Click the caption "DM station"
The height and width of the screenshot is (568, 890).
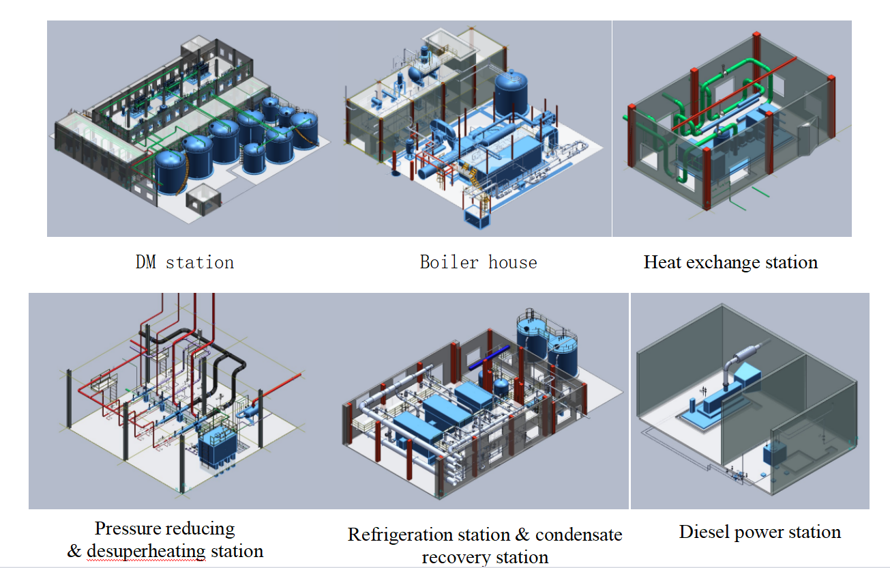[184, 262]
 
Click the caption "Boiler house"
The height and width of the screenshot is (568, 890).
[478, 262]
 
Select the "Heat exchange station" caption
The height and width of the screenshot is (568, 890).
[730, 262]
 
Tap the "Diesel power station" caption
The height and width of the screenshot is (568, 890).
[760, 532]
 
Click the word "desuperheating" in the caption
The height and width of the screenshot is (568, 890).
[145, 551]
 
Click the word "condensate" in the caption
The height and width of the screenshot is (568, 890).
[579, 535]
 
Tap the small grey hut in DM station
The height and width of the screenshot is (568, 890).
[204, 200]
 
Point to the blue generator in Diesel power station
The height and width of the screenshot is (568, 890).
[717, 403]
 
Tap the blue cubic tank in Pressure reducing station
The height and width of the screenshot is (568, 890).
[216, 444]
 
